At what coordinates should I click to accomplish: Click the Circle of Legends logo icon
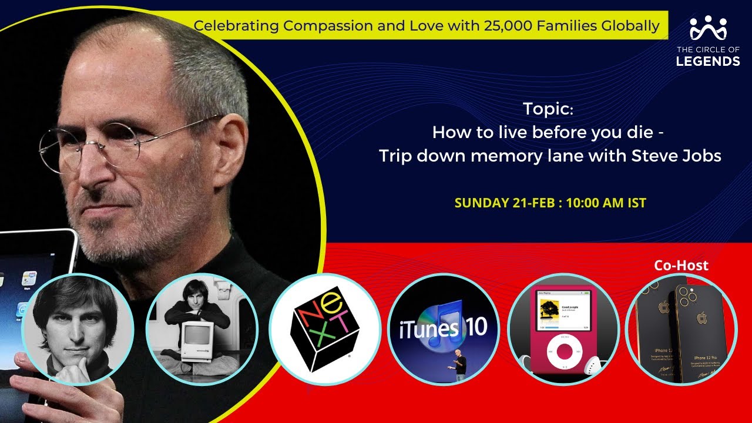click(x=708, y=28)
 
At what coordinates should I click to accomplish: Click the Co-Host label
click(x=681, y=266)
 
